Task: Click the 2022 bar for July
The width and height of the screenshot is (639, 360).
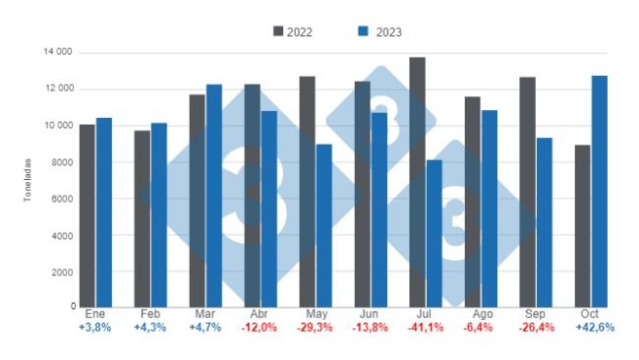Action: tap(417, 182)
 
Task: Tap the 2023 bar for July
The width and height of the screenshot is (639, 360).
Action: tap(435, 233)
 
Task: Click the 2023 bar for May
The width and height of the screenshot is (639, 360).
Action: tap(324, 225)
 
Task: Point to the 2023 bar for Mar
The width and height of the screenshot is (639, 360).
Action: tap(214, 196)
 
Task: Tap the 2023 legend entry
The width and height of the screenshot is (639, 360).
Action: tap(376, 31)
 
